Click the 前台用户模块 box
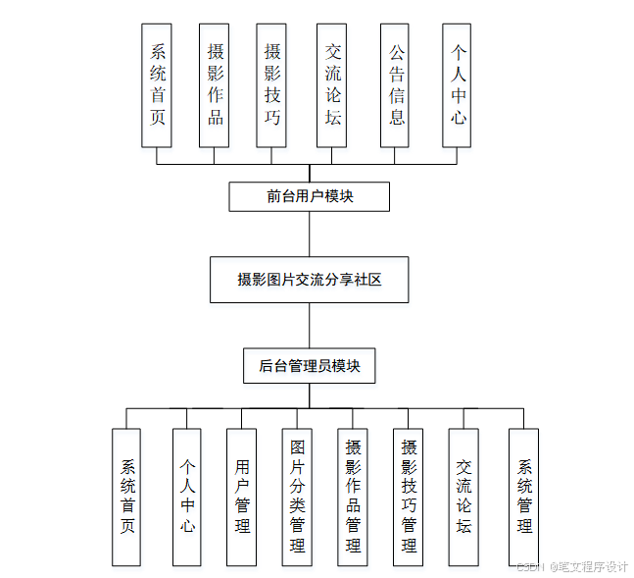pyautogui.click(x=310, y=196)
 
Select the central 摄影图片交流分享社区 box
pyautogui.click(x=310, y=280)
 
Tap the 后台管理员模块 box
pyautogui.click(x=310, y=366)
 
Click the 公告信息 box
pyautogui.click(x=395, y=85)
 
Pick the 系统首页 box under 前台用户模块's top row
pyautogui.click(x=157, y=85)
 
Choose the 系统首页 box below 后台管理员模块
pyautogui.click(x=126, y=497)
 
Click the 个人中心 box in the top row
pyautogui.click(x=457, y=85)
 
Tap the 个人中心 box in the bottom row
pyautogui.click(x=187, y=497)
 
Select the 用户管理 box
pyautogui.click(x=241, y=497)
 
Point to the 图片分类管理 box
pyautogui.click(x=297, y=497)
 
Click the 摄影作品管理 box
pyautogui.click(x=353, y=497)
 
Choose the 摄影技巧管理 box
pyautogui.click(x=409, y=497)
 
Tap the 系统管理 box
pyautogui.click(x=524, y=497)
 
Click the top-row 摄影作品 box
pyautogui.click(x=215, y=85)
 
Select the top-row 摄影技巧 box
pyautogui.click(x=271, y=85)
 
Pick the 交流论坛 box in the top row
pyautogui.click(x=333, y=85)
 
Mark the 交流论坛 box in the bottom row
pyautogui.click(x=464, y=497)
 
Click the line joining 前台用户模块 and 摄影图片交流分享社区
pyautogui.click(x=310, y=235)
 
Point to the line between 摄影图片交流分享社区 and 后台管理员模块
pyautogui.click(x=310, y=325)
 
